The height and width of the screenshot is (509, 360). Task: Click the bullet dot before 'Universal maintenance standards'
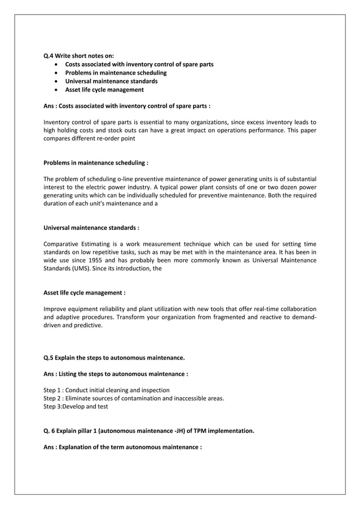point(56,81)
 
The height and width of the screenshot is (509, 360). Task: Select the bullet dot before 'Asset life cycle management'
point(56,90)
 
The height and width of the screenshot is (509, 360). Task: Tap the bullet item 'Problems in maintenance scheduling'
point(116,73)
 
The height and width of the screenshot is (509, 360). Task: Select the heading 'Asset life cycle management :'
point(84,293)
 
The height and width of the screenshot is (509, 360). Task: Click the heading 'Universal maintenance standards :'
point(91,228)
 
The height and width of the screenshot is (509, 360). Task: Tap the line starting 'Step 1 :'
point(106,390)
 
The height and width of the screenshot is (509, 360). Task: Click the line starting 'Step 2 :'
point(133,398)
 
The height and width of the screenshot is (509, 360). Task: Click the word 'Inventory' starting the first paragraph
point(58,122)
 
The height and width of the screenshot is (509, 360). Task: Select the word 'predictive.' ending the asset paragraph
point(87,326)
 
